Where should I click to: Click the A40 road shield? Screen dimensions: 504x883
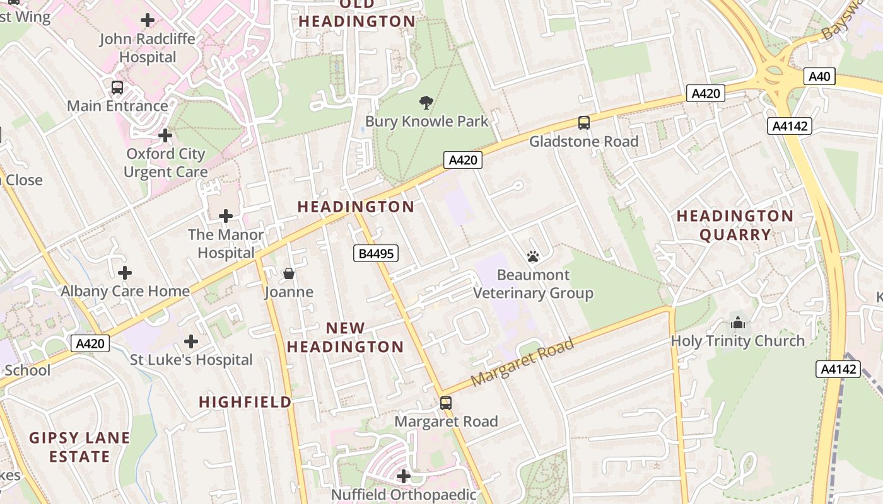click(x=819, y=77)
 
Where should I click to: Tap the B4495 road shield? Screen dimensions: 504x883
click(x=375, y=254)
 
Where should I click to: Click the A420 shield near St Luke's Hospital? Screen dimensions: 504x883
click(x=90, y=343)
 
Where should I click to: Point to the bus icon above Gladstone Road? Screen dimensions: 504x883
click(x=584, y=123)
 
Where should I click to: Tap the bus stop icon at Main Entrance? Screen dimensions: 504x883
click(x=117, y=88)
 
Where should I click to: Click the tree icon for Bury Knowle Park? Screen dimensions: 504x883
click(x=426, y=103)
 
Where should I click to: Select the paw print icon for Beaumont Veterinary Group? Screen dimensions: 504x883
click(x=533, y=256)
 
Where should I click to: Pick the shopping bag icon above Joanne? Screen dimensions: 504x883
click(x=289, y=273)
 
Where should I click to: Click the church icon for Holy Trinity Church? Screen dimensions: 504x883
click(x=737, y=323)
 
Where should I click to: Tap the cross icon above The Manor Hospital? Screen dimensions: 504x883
click(x=225, y=216)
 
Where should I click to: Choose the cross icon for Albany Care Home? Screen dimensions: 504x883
click(x=125, y=273)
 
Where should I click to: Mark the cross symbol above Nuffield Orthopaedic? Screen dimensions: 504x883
click(x=404, y=476)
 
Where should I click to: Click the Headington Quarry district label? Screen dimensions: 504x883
click(x=735, y=226)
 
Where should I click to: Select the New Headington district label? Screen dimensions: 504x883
click(x=345, y=337)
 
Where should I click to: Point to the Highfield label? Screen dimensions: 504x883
click(x=245, y=402)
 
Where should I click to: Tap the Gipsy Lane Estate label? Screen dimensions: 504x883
click(x=79, y=447)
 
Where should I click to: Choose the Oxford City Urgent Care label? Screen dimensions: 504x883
click(x=165, y=163)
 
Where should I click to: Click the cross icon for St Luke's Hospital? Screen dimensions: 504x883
click(x=190, y=341)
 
